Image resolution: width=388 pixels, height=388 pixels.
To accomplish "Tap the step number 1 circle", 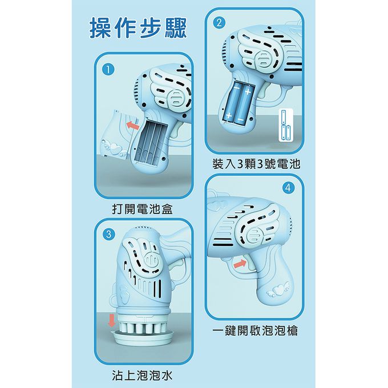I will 106,69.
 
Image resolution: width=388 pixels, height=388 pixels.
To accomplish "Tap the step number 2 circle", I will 217,23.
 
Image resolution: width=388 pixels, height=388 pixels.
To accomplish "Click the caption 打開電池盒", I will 142,209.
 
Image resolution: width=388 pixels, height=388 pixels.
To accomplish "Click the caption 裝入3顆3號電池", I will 256,164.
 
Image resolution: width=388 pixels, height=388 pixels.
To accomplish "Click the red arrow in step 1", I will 132,124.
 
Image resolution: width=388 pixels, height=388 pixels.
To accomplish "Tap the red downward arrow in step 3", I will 111,321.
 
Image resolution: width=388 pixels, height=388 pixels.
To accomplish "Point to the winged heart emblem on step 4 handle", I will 278,288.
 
